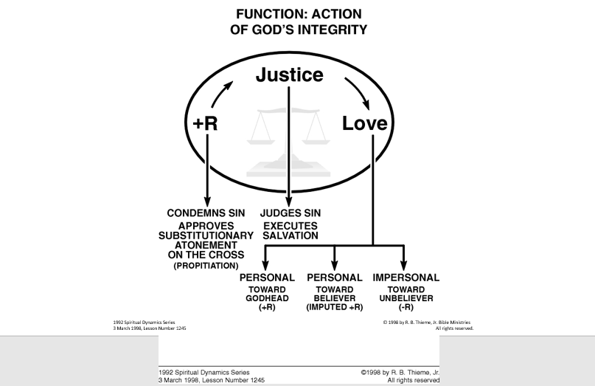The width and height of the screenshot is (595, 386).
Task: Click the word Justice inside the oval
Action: tap(288, 75)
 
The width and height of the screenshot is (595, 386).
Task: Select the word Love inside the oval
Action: tap(364, 124)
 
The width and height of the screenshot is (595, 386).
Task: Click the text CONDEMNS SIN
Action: tap(207, 214)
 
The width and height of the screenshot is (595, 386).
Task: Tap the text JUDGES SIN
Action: tap(290, 214)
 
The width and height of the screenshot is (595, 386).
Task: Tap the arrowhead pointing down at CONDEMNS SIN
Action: tap(207, 202)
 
